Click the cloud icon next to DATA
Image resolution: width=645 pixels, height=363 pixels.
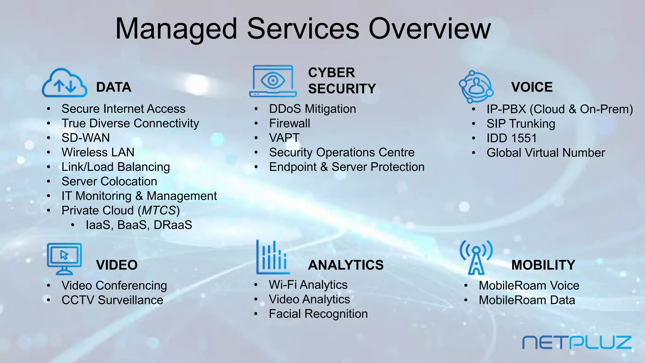point(65,83)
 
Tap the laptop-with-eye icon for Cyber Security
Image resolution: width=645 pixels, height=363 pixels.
point(273,81)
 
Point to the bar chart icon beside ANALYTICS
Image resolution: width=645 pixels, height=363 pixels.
point(272,257)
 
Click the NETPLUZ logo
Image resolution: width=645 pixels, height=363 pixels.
point(577,343)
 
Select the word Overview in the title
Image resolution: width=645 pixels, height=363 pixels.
point(430,29)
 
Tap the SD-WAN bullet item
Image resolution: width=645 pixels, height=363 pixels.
point(86,138)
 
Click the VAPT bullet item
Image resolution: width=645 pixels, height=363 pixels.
point(284,138)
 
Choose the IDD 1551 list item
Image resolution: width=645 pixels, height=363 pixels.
point(511,138)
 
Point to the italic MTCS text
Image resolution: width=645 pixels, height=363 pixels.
point(159,210)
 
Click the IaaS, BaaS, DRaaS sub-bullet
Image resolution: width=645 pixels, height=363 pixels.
point(139,225)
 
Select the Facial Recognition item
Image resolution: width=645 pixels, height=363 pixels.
point(318,314)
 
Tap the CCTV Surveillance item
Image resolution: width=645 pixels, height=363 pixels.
point(112,300)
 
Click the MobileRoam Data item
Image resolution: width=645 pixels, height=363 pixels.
point(527,300)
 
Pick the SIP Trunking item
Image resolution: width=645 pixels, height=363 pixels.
point(521,124)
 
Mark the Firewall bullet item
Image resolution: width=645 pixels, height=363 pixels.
point(289,124)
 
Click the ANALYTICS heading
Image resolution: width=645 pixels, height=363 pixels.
point(346,265)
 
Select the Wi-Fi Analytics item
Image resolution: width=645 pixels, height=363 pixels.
point(308,285)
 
